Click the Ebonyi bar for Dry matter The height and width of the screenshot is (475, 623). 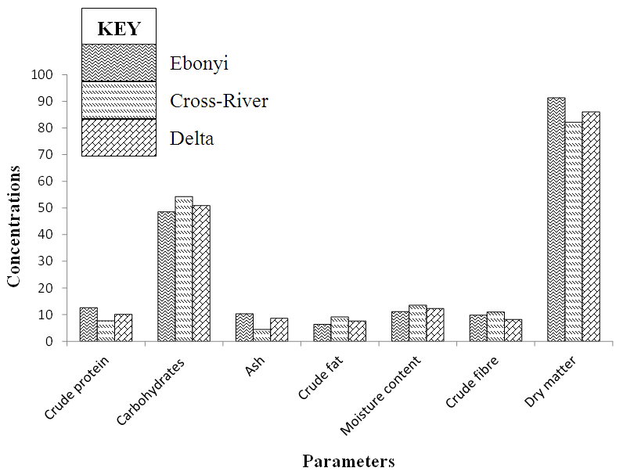click(556, 220)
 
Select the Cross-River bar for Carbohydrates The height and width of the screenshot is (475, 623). click(184, 269)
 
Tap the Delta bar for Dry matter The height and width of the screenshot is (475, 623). click(591, 227)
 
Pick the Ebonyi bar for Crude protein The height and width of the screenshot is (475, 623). click(88, 325)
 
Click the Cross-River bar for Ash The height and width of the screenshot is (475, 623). click(262, 336)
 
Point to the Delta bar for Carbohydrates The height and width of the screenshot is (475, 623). click(201, 274)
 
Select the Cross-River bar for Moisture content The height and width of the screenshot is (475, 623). click(417, 323)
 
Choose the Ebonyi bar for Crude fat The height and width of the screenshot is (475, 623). click(322, 333)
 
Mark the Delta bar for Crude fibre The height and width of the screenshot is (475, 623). click(513, 330)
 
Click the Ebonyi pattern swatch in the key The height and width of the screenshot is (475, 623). click(119, 63)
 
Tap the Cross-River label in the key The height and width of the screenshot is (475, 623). click(219, 101)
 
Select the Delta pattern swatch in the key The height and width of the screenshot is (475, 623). click(119, 138)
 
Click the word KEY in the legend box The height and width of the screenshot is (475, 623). click(119, 30)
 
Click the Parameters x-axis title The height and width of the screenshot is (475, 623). click(348, 461)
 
